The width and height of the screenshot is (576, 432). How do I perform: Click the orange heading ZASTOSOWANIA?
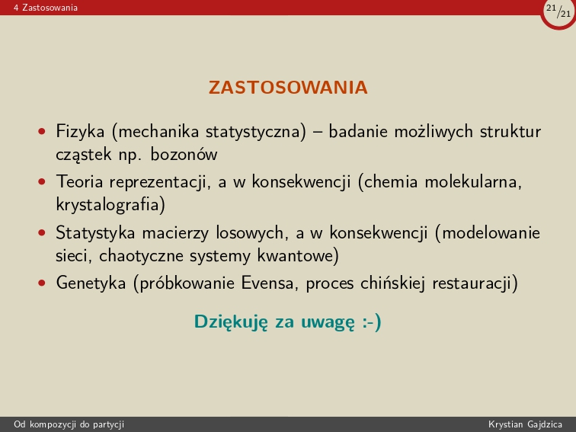(288, 88)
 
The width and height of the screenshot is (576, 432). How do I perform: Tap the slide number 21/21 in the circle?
(558, 11)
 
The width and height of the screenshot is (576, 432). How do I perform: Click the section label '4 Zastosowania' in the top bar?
(46, 8)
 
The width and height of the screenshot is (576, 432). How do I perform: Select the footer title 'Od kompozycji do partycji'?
(69, 424)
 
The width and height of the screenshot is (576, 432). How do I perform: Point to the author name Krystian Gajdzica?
(525, 424)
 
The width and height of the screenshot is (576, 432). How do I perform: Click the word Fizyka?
(80, 132)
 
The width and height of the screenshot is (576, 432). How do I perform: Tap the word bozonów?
(184, 154)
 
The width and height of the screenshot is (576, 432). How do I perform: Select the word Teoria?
(79, 182)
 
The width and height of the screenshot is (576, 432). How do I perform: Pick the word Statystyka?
(95, 233)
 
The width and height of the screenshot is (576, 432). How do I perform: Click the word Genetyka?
(91, 283)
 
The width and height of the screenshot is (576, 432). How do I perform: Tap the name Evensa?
(267, 283)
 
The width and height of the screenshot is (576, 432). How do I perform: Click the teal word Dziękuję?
(231, 322)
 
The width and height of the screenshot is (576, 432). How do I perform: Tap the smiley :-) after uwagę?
(371, 322)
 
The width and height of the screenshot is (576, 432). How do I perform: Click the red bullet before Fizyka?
(42, 131)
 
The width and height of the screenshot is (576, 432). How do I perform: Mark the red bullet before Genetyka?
(42, 283)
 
